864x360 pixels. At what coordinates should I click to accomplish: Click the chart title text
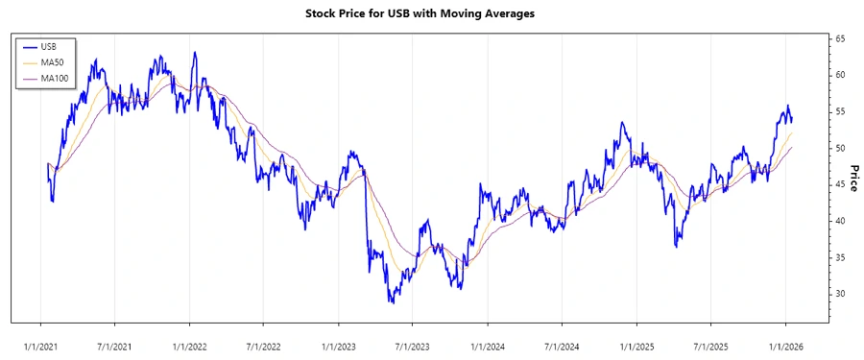(x=431, y=13)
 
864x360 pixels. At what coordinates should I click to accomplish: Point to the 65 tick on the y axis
(x=839, y=38)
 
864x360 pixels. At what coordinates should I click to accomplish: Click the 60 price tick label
(x=839, y=75)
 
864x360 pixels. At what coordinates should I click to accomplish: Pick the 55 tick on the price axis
(x=839, y=111)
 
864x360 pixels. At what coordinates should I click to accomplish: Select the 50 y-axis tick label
(x=839, y=148)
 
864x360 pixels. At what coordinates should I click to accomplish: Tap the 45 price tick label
(x=839, y=184)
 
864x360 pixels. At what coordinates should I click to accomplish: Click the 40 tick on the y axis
(x=839, y=221)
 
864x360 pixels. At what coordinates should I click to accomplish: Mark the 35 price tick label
(x=839, y=257)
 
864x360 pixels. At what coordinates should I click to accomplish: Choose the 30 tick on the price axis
(x=839, y=294)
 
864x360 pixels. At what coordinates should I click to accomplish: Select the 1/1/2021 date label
(x=40, y=344)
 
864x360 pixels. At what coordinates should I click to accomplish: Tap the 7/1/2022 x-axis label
(x=263, y=344)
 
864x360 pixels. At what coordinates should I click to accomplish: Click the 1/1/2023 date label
(x=339, y=344)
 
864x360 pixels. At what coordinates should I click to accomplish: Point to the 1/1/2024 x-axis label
(x=488, y=344)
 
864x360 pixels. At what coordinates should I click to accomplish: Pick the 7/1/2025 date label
(x=709, y=344)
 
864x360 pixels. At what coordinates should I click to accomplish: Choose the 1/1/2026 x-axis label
(x=785, y=344)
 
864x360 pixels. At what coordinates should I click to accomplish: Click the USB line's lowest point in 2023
(x=391, y=302)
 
